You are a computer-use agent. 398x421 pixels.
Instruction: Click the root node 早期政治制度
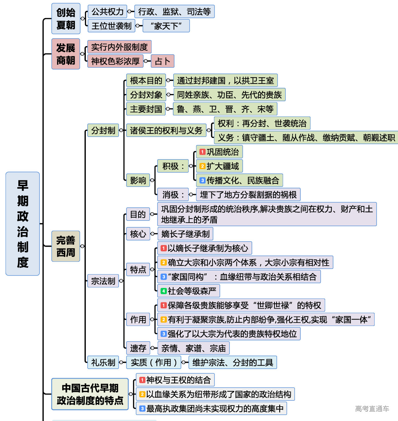pyautogui.click(x=22, y=224)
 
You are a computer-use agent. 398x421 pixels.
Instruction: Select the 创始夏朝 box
pyautogui.click(x=66, y=19)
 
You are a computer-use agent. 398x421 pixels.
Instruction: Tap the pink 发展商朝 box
pyautogui.click(x=66, y=54)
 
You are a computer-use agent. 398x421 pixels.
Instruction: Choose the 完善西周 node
pyautogui.click(x=66, y=246)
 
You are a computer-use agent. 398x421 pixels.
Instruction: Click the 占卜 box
pyautogui.click(x=162, y=61)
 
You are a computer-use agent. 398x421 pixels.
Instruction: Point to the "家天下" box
pyautogui.click(x=166, y=26)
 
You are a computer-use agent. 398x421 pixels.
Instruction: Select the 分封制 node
pyautogui.click(x=103, y=130)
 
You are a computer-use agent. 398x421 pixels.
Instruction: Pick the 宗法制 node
pyautogui.click(x=103, y=281)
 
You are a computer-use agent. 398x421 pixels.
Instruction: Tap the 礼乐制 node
pyautogui.click(x=103, y=362)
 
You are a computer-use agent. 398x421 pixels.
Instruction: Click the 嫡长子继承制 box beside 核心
pyautogui.click(x=185, y=234)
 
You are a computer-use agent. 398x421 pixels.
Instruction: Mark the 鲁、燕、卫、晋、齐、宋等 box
pyautogui.click(x=225, y=109)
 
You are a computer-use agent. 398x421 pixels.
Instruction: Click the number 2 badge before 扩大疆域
pyautogui.click(x=202, y=166)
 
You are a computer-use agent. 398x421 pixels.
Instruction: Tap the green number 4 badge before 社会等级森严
pyautogui.click(x=164, y=291)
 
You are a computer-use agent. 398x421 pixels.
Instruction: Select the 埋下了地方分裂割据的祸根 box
pyautogui.click(x=248, y=195)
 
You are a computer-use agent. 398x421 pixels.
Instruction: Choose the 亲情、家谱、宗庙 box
pyautogui.click(x=193, y=348)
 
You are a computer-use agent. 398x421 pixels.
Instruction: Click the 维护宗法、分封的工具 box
pyautogui.click(x=233, y=362)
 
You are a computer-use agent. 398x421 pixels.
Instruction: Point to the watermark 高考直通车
pyautogui.click(x=372, y=409)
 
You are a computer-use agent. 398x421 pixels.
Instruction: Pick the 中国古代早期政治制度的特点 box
pyautogui.click(x=90, y=394)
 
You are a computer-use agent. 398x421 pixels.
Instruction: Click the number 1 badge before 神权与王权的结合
pyautogui.click(x=142, y=380)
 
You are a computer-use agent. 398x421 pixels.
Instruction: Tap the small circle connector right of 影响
pyautogui.click(x=152, y=180)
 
